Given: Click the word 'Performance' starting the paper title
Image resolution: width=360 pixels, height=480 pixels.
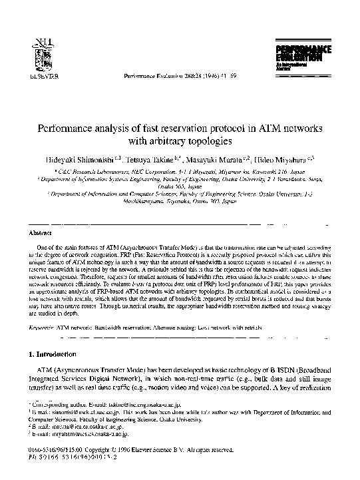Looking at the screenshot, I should click(63, 128).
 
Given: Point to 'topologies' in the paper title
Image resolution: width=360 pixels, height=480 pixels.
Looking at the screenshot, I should click(211, 141).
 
